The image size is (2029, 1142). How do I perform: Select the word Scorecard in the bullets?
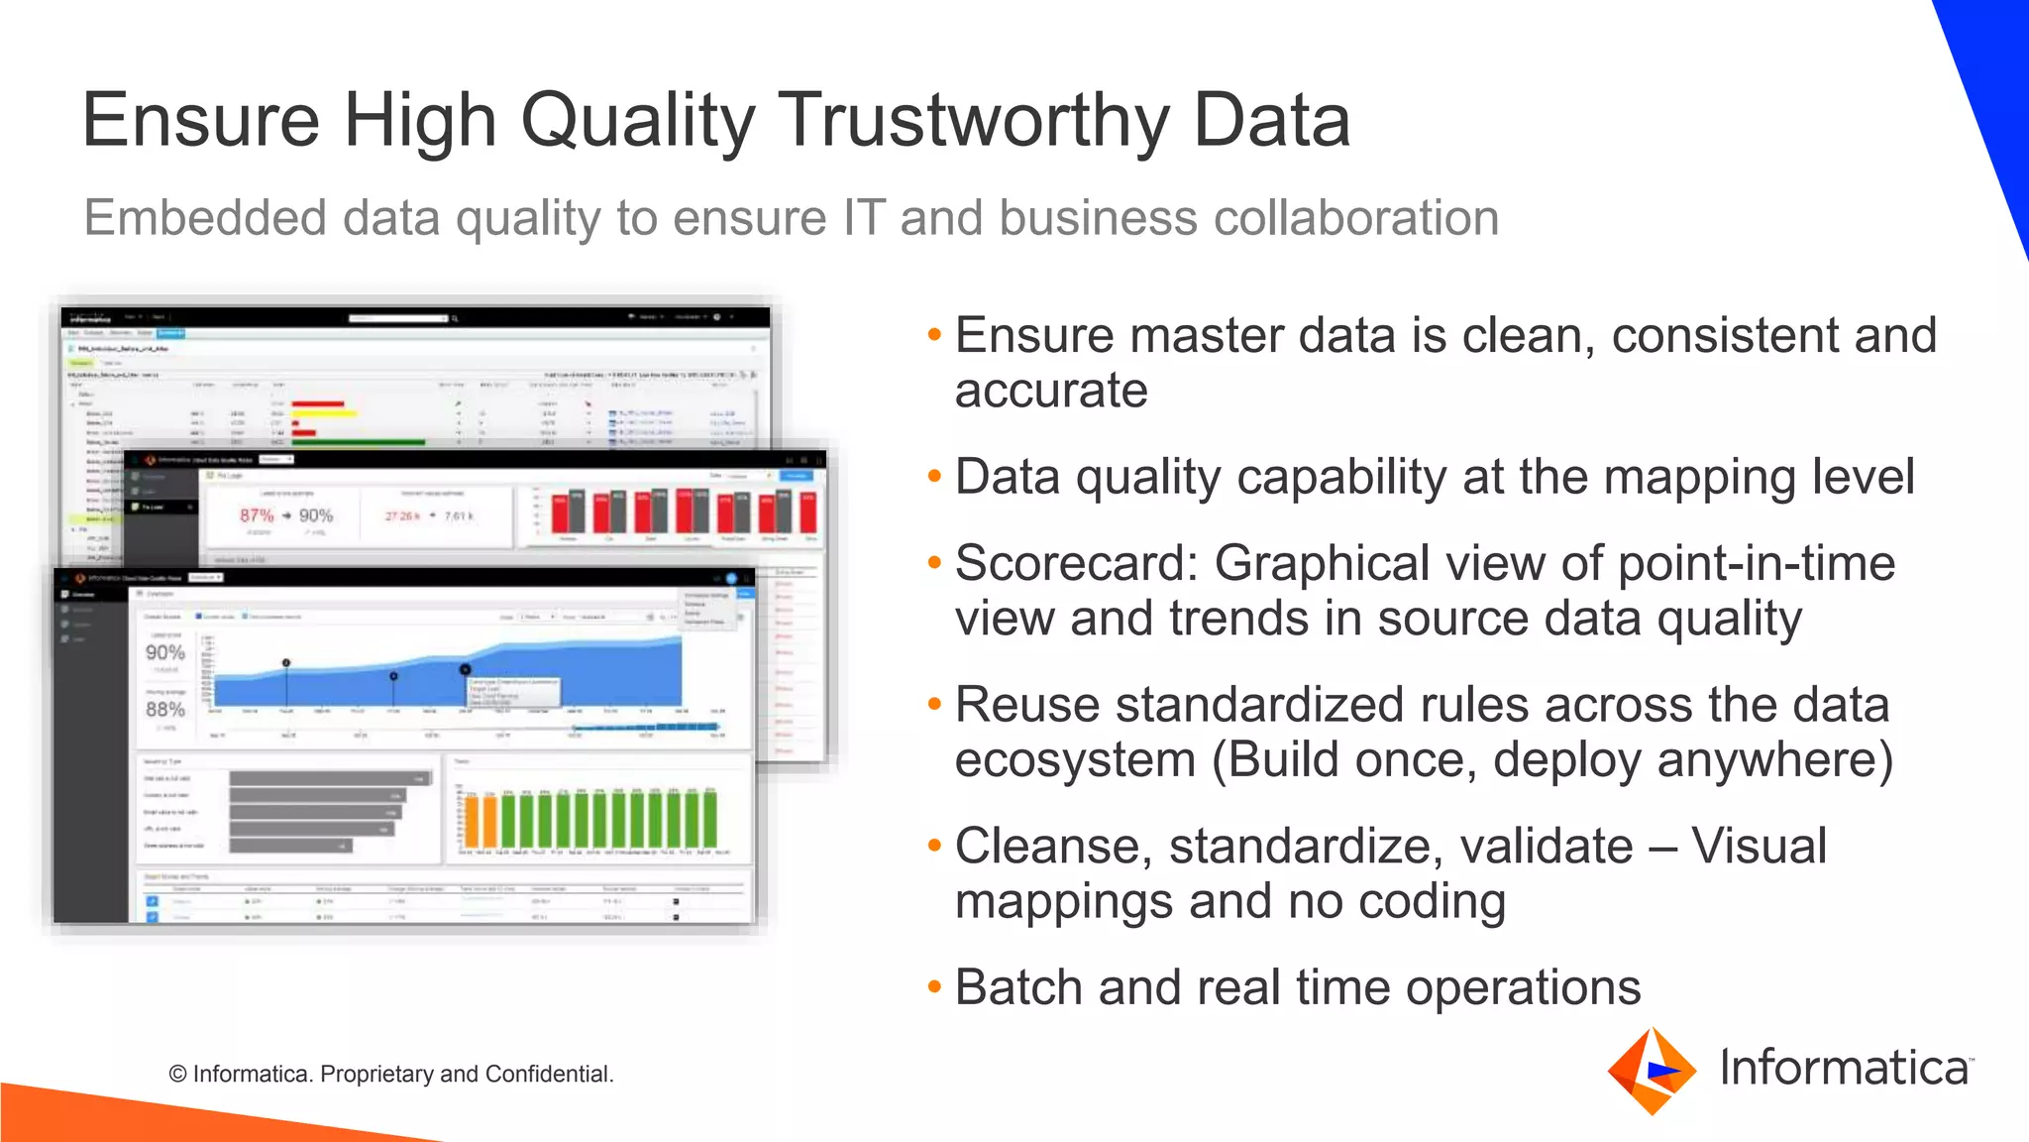pos(1076,563)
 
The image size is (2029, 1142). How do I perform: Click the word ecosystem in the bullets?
pos(1076,761)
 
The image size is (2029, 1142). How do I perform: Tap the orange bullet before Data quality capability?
pos(933,478)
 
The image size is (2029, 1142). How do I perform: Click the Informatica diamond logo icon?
pos(1652,1071)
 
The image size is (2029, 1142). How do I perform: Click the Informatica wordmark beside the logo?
pos(1844,1069)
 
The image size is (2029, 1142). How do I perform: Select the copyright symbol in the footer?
pos(178,1075)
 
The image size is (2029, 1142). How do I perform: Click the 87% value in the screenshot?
pos(257,515)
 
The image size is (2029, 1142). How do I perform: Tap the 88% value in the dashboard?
pos(165,709)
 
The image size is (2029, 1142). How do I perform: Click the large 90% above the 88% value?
pos(165,652)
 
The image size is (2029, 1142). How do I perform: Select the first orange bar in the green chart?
pos(473,822)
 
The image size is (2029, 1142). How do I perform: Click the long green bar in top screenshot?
pos(357,442)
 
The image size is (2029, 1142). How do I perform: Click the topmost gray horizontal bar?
pos(331,779)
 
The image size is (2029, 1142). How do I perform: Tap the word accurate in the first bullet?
pos(1051,391)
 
